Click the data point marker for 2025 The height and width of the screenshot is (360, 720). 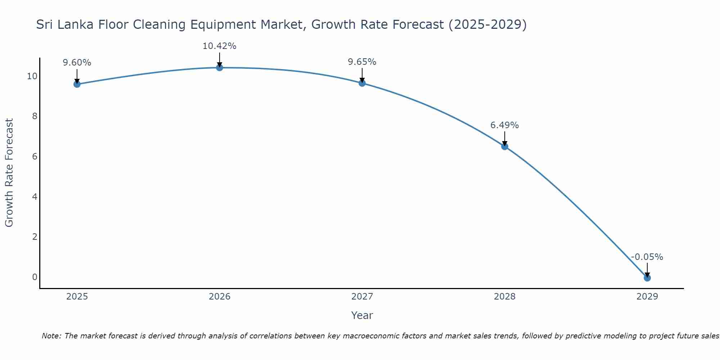(77, 84)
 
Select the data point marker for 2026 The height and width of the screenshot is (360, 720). (220, 68)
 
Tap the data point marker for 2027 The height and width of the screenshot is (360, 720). (362, 83)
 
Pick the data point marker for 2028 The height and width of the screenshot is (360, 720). (505, 147)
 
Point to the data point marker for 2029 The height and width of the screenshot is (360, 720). (647, 278)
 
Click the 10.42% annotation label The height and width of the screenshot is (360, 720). (219, 46)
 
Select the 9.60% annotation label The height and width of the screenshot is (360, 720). (77, 63)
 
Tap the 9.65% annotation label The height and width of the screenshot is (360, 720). (362, 62)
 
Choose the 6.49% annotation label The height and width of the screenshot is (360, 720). (504, 125)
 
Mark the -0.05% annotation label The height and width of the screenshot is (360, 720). (647, 257)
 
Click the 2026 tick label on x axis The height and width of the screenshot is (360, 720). (220, 297)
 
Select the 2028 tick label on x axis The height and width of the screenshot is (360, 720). (505, 297)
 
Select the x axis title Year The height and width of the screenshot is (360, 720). (362, 315)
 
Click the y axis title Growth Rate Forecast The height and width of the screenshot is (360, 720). (9, 172)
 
